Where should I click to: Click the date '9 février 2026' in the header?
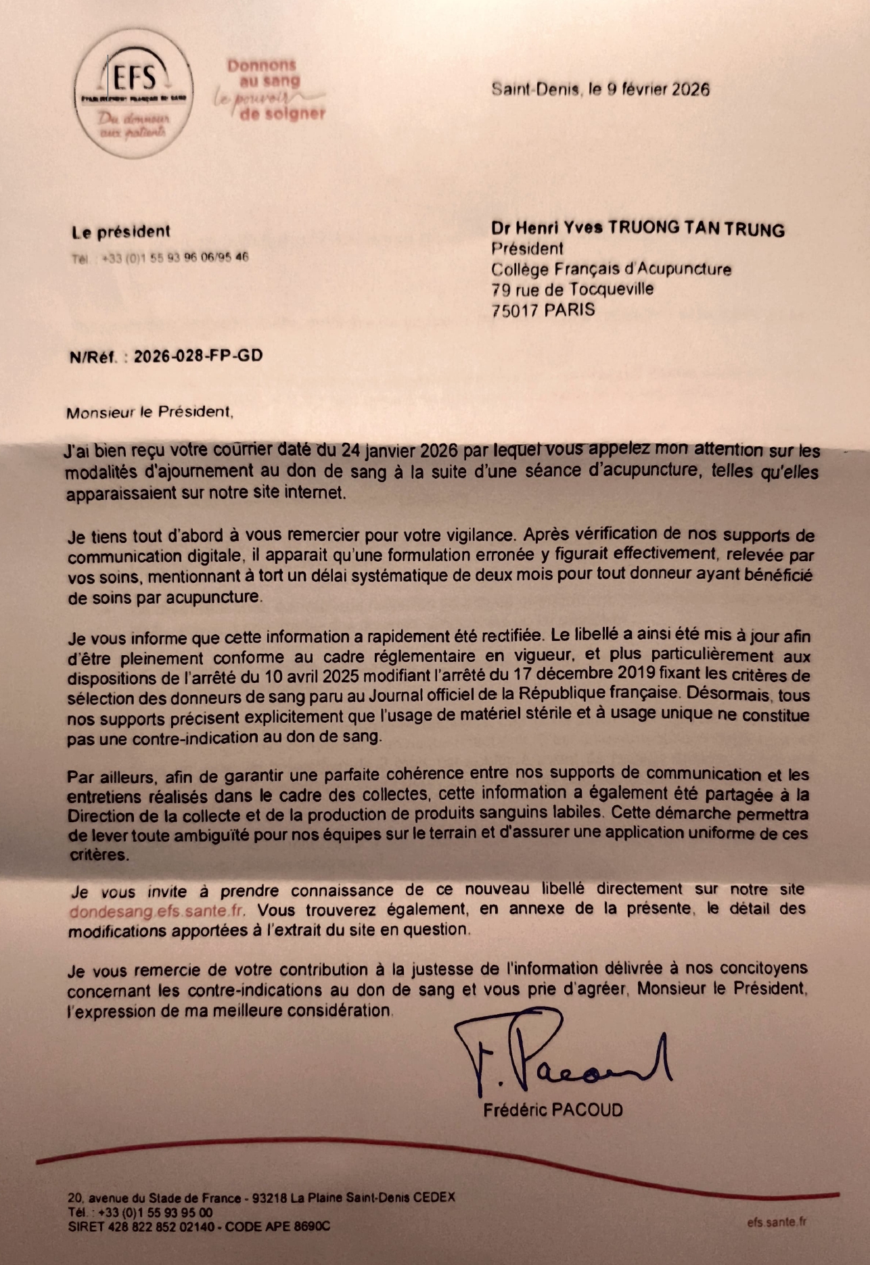pos(657,89)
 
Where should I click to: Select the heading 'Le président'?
pos(121,232)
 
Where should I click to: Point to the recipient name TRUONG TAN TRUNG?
pos(696,229)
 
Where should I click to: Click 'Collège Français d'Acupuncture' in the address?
pos(611,269)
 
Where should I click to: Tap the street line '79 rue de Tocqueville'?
pos(572,289)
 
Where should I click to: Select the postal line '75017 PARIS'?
pos(543,310)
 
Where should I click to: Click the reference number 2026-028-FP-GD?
pos(198,356)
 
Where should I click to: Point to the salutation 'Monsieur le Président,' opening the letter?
pos(150,412)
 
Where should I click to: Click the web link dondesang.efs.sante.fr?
pos(157,911)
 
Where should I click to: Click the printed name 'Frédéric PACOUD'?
pos(553,1109)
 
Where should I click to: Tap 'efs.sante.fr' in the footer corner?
pos(777,1222)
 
